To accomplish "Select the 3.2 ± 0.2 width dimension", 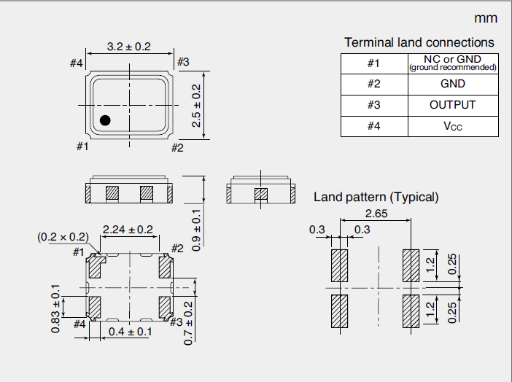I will pos(128,47).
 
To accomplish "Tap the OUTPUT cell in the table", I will pos(452,105).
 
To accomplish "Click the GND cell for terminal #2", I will pos(452,84).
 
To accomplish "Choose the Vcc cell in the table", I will pos(452,126).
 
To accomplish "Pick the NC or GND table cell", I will pos(452,63).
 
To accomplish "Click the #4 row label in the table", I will pos(373,126).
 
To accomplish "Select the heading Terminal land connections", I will pos(419,42).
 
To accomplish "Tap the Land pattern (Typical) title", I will pos(376,197).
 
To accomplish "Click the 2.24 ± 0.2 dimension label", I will pos(128,230).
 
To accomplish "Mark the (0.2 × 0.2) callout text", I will pos(62,237).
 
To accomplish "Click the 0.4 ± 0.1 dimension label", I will pos(130,332).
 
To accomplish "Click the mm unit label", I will pos(486,18).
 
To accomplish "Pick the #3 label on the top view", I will pos(182,62).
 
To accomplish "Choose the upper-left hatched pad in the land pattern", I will pos(339,266).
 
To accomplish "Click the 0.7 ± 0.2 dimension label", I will pos(188,322).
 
